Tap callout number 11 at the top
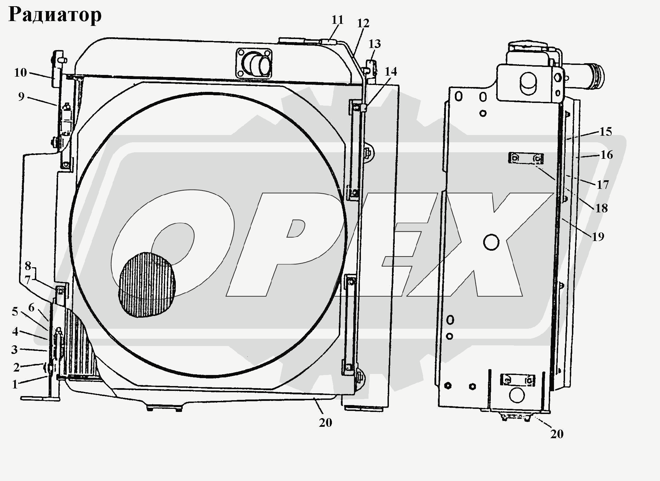[x=337, y=20]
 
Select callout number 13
[x=375, y=44]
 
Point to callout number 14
[x=391, y=71]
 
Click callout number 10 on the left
[x=20, y=73]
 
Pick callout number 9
[x=21, y=96]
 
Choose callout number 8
[x=28, y=266]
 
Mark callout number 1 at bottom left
[x=15, y=384]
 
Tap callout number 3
[x=14, y=349]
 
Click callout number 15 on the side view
[x=605, y=132]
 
